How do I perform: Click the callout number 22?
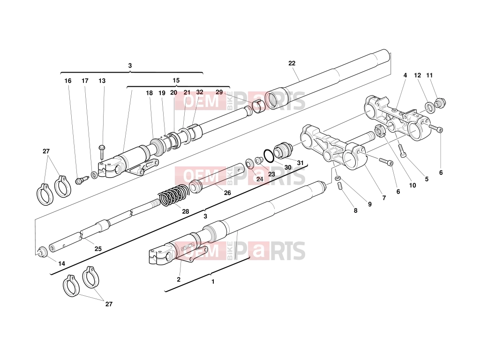(292, 63)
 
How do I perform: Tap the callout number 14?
(61, 263)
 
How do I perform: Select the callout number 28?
(186, 211)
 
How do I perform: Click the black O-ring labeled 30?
(269, 156)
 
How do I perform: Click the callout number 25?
(98, 249)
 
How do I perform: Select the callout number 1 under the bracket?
(213, 282)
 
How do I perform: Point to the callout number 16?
(67, 81)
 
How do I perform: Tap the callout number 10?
(412, 185)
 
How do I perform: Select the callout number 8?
(355, 210)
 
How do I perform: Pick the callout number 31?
(300, 163)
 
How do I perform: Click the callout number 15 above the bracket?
(176, 81)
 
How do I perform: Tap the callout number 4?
(405, 75)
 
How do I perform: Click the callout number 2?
(179, 279)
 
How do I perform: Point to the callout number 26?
(227, 193)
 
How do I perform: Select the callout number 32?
(200, 92)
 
